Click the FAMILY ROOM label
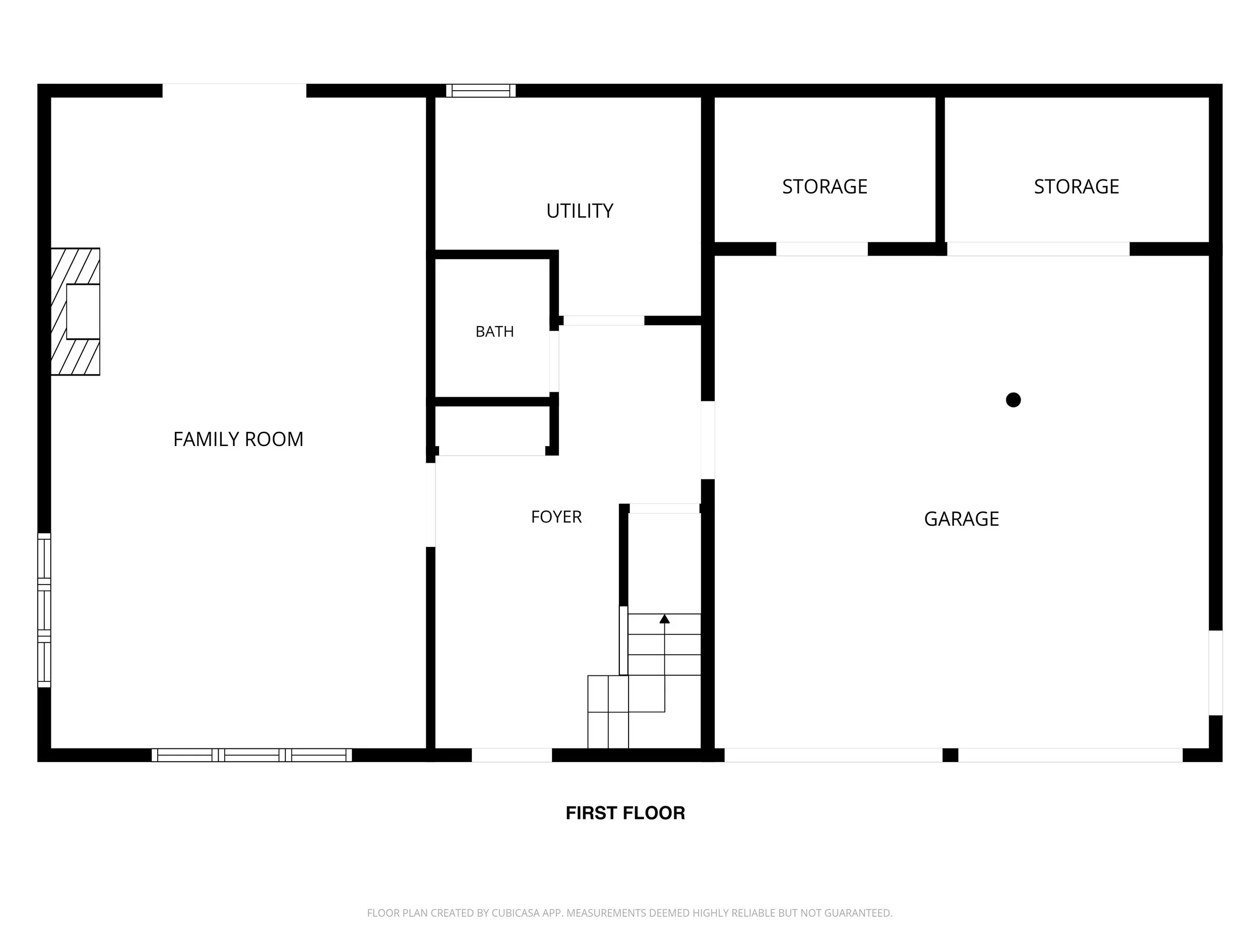click(x=238, y=439)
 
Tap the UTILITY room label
click(x=580, y=211)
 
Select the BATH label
click(x=494, y=332)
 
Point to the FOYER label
click(x=556, y=517)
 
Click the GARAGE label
click(x=962, y=519)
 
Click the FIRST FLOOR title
click(x=625, y=813)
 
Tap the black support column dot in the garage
click(x=1014, y=400)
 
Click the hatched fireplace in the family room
click(x=75, y=311)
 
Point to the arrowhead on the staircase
click(x=664, y=618)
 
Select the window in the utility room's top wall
click(x=481, y=91)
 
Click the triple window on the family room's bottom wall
click(x=252, y=755)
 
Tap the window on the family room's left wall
click(x=44, y=610)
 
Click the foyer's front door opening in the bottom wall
click(x=512, y=755)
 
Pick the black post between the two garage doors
click(x=950, y=755)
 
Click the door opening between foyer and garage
click(x=708, y=440)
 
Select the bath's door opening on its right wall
click(x=554, y=362)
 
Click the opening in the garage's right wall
click(x=1216, y=673)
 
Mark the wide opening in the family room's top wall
click(x=234, y=91)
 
